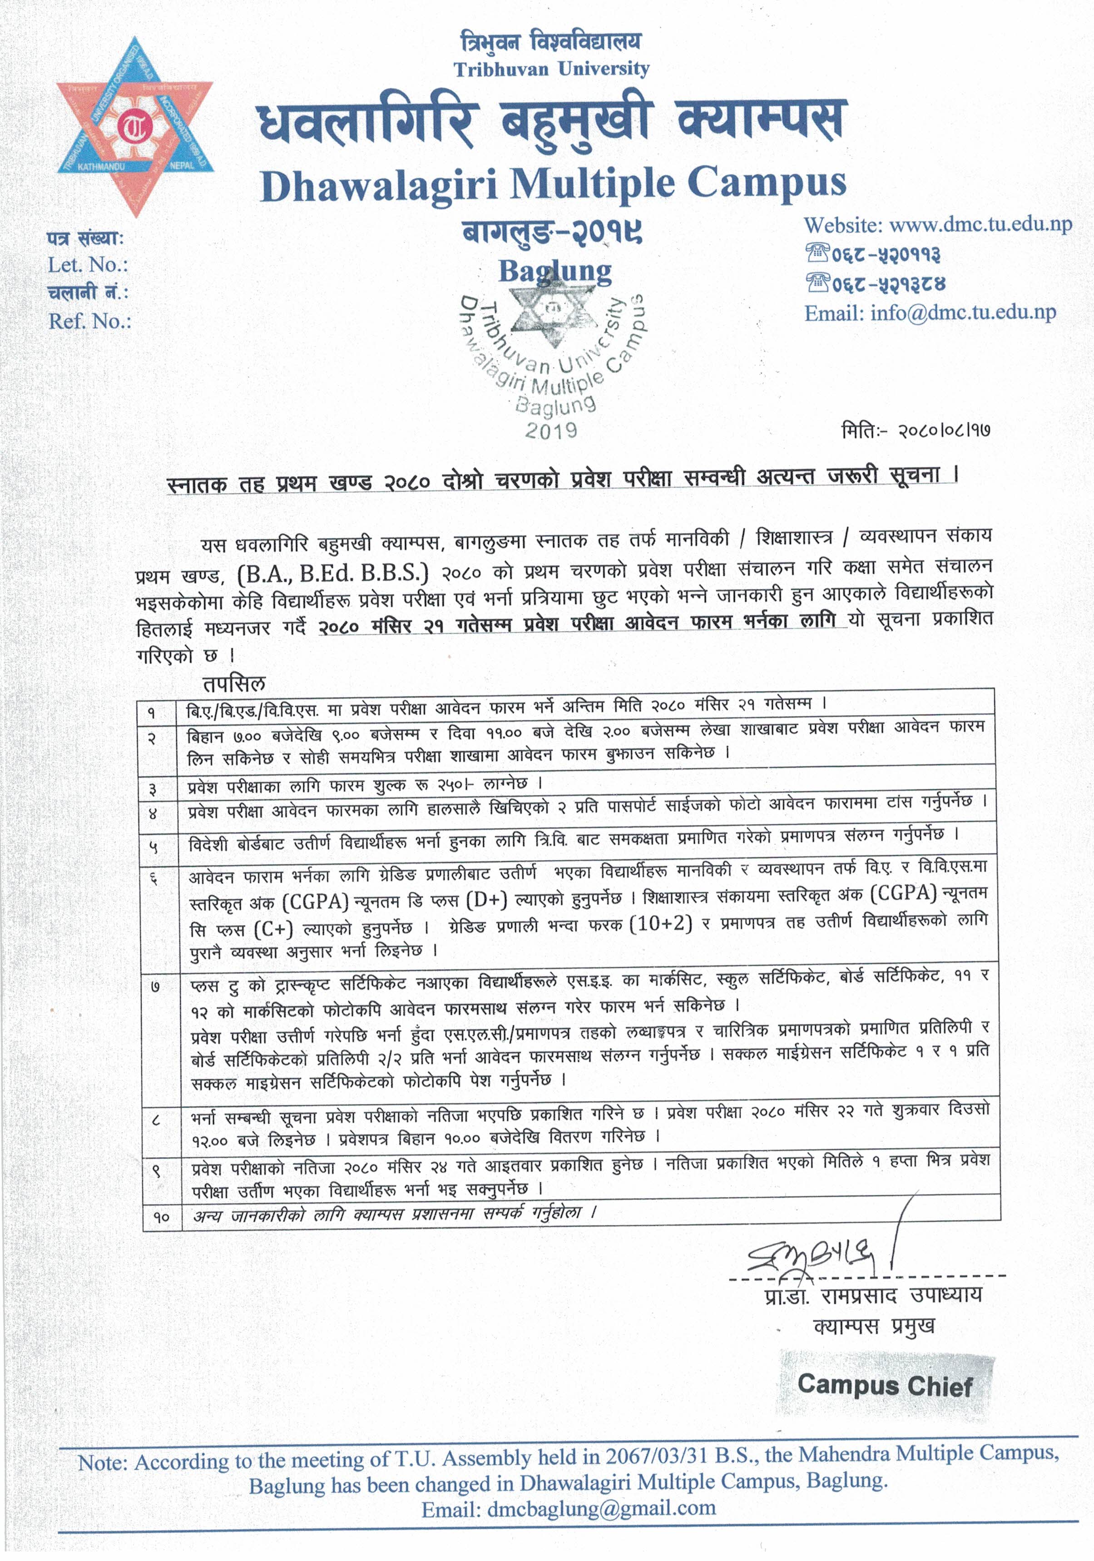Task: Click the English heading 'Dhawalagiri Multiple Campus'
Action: click(x=553, y=184)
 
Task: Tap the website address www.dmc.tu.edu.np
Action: click(x=980, y=224)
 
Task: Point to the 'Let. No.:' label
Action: click(x=88, y=265)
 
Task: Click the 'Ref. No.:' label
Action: click(x=89, y=321)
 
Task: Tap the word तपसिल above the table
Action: click(x=234, y=683)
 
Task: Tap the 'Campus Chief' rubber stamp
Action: click(x=885, y=1384)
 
